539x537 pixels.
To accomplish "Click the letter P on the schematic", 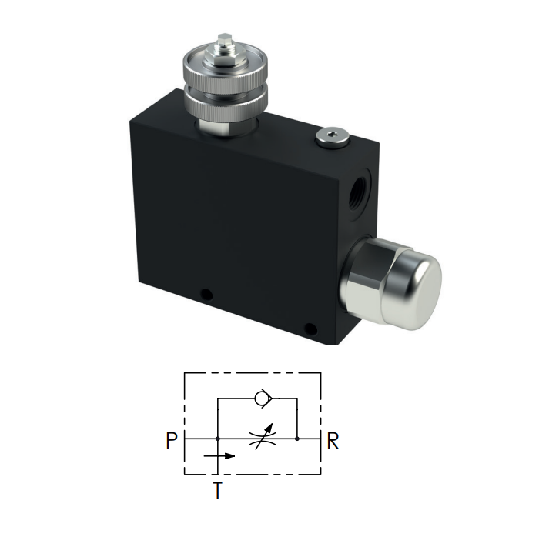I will point(171,441).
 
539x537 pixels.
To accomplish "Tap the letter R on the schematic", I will point(333,441).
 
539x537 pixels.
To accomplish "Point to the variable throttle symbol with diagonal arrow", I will point(259,439).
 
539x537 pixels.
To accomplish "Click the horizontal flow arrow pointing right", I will point(220,455).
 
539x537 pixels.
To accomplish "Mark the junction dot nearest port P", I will point(219,439).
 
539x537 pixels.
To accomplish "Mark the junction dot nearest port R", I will point(297,439).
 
